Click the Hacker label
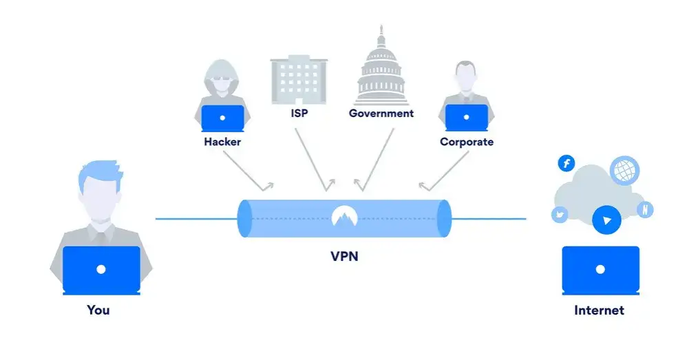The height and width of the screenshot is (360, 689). (222, 142)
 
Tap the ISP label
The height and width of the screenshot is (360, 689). (298, 113)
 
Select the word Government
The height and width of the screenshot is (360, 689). (381, 113)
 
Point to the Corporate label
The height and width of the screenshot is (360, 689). (467, 142)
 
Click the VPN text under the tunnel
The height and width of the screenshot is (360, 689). (344, 257)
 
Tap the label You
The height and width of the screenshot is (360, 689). (98, 310)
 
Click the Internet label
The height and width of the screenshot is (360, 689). (599, 310)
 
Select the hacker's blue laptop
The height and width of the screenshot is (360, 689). (222, 118)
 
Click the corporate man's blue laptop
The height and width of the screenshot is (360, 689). (466, 118)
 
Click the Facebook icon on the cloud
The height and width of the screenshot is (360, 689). (566, 164)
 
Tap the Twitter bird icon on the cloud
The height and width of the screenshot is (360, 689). (560, 215)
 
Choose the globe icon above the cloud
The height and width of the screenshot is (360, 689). (624, 169)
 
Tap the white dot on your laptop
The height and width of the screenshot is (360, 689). (101, 269)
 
